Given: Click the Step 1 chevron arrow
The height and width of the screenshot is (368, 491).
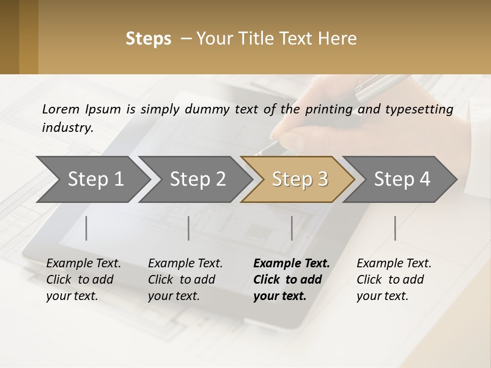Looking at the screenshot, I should click(x=95, y=179).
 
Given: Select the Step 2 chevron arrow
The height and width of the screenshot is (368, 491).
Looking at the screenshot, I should click(x=197, y=179).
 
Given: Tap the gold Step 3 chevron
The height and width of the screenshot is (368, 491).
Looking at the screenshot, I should click(x=300, y=179).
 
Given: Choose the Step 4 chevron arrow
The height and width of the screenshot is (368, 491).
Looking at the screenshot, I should click(x=402, y=179).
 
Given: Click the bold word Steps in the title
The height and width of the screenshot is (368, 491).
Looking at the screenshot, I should click(x=148, y=39).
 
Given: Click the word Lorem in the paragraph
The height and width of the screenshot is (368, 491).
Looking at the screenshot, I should click(x=60, y=109).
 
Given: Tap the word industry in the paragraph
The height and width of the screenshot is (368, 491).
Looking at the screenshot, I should click(x=67, y=127).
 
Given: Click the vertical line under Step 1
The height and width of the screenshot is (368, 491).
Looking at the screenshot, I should click(x=86, y=228).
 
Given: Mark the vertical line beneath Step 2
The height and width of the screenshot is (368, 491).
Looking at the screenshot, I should click(x=189, y=228).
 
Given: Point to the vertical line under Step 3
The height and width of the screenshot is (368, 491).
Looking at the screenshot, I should click(x=292, y=228).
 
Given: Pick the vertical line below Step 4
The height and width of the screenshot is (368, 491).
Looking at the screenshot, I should click(x=395, y=228).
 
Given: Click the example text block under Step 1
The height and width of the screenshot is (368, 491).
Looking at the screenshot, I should click(x=83, y=280).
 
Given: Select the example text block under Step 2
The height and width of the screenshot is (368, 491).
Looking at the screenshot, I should click(x=185, y=280).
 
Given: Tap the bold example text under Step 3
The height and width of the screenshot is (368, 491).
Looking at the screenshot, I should click(x=291, y=280).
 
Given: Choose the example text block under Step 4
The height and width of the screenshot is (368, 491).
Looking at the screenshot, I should click(x=393, y=280).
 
